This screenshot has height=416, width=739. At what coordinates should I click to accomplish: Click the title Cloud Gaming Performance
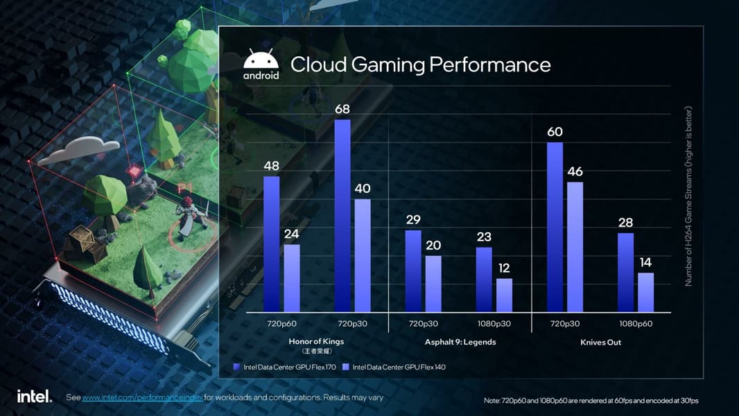coord(420,64)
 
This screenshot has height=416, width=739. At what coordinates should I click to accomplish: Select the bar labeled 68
coord(342,215)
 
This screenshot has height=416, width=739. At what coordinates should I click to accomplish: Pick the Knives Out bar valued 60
coord(555,227)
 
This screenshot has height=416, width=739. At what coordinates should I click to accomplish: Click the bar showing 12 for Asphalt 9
coord(504,295)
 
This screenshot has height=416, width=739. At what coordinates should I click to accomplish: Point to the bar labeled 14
coord(645,292)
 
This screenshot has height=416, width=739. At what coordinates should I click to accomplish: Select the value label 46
coord(575,171)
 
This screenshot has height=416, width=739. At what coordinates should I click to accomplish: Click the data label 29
coord(413,220)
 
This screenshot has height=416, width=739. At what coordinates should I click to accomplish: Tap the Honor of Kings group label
coord(316,342)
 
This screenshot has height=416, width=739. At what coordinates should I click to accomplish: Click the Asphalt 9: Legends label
coord(460,342)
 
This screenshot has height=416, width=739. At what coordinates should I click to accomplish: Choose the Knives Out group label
coord(600,342)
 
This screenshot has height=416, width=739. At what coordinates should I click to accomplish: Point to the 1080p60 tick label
coord(636,324)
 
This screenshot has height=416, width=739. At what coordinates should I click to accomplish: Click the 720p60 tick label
coord(281,324)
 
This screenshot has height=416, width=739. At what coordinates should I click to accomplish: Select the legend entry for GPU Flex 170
coord(284,367)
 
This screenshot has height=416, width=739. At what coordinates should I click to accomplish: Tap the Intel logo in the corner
coord(34,397)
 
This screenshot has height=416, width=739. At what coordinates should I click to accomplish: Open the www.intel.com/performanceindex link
coord(142,398)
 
